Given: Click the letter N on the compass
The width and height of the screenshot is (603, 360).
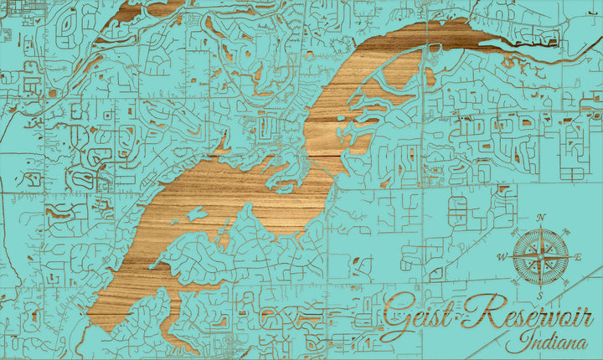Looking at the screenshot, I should click(x=541, y=218).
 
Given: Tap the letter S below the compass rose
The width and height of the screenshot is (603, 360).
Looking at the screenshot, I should click(x=540, y=296).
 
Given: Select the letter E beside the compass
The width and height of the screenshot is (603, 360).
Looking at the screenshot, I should click(x=578, y=256).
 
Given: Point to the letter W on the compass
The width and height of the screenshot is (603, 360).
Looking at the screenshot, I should click(x=502, y=256).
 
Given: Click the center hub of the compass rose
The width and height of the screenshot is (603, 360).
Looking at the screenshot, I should click(x=540, y=256).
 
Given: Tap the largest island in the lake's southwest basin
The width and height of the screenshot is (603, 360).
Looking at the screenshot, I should click(x=194, y=214).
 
